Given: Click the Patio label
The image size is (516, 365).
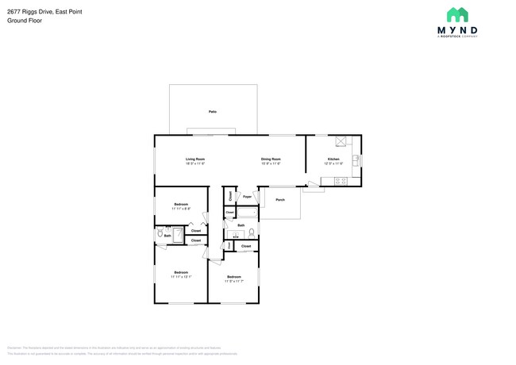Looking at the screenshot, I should (213, 112).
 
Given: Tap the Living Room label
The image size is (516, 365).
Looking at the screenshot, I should (195, 159).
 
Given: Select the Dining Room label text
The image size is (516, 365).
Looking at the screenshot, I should (271, 159).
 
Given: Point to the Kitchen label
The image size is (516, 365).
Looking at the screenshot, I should (333, 159).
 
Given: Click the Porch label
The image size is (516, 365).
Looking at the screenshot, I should (280, 200).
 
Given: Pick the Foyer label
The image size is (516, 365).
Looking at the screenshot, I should (248, 196).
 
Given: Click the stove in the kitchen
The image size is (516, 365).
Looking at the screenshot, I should (341, 181).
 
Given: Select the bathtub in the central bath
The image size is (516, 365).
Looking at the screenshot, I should (237, 234).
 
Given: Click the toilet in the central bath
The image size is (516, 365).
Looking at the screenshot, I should (252, 233).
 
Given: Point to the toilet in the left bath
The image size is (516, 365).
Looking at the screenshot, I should (160, 235).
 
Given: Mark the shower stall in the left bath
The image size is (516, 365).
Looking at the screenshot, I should (179, 236).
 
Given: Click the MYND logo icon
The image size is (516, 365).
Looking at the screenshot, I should (457, 15).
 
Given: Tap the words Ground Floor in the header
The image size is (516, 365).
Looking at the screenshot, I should (25, 21).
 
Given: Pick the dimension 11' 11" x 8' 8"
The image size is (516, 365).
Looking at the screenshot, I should (181, 209).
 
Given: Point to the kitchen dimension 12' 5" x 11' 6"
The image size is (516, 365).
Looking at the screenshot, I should (333, 163).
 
